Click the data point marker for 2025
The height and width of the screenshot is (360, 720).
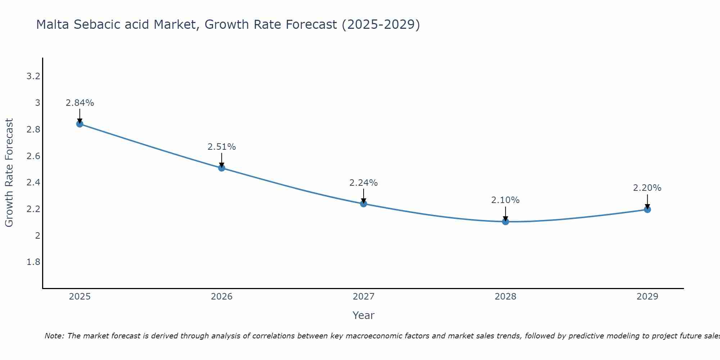pos(80,124)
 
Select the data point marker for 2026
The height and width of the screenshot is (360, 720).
pos(222,168)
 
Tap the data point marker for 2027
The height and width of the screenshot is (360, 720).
pos(364,204)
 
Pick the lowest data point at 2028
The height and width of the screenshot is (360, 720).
pos(505,221)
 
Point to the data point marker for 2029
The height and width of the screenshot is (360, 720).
pos(647,210)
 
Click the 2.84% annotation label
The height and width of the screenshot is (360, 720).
pos(80,103)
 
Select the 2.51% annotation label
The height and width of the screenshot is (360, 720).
pos(222,147)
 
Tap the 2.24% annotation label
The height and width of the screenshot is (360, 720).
pos(364,183)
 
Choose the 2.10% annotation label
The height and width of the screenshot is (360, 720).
pos(505,200)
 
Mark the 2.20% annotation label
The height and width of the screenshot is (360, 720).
pos(647,188)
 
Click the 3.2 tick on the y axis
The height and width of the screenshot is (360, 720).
pos(33,76)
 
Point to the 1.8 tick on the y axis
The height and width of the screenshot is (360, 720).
pos(33,262)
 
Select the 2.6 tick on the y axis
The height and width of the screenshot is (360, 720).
pos(33,156)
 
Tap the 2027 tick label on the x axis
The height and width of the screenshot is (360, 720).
pos(364,297)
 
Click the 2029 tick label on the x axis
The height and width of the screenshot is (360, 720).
pos(647,297)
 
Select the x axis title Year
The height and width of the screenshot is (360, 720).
pos(364,315)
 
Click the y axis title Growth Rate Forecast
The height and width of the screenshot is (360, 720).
pos(9,173)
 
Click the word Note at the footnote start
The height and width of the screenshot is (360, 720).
pos(54,336)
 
